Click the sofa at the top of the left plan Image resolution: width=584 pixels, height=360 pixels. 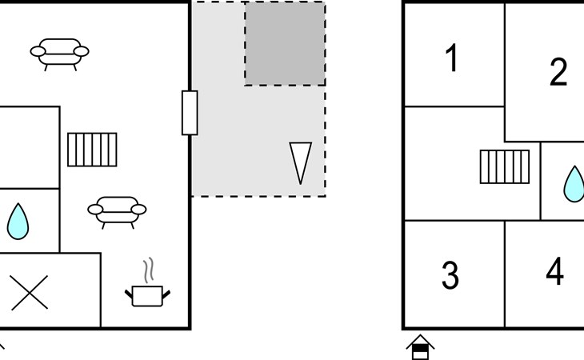click(x=60, y=53)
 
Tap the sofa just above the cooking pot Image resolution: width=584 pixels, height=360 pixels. click(x=117, y=210)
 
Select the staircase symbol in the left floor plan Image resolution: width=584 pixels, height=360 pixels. click(x=92, y=150)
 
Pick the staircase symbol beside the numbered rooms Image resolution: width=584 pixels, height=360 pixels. click(x=504, y=166)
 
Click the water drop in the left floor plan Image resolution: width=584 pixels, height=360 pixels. click(x=18, y=222)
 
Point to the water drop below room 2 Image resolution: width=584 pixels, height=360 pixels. click(x=574, y=183)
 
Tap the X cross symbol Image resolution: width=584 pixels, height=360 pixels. click(x=30, y=292)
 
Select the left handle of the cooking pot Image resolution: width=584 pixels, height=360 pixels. click(x=130, y=293)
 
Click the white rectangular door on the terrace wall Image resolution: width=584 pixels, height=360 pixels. click(x=190, y=113)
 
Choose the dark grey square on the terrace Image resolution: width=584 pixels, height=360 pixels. click(x=285, y=43)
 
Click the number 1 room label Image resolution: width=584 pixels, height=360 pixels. click(x=452, y=58)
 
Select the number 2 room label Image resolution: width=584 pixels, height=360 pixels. click(x=558, y=73)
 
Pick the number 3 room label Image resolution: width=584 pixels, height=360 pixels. click(x=450, y=275)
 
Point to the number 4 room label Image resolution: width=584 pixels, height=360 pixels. click(x=554, y=272)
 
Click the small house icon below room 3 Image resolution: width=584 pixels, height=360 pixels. click(x=420, y=347)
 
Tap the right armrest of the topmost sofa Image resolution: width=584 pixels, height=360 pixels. click(x=82, y=52)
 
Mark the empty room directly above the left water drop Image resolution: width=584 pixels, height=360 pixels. click(x=29, y=147)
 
